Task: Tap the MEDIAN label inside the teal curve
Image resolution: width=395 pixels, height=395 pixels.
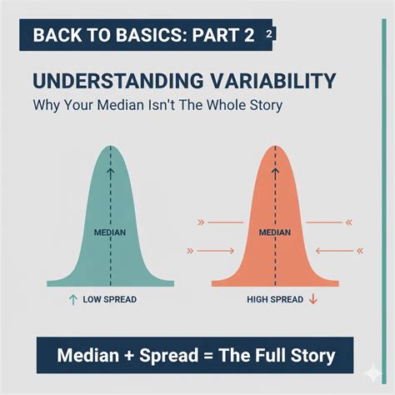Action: click(110, 232)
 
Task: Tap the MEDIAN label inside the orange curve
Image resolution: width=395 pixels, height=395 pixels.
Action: click(276, 232)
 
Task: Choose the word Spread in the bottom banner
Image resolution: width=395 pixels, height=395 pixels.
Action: click(167, 357)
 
